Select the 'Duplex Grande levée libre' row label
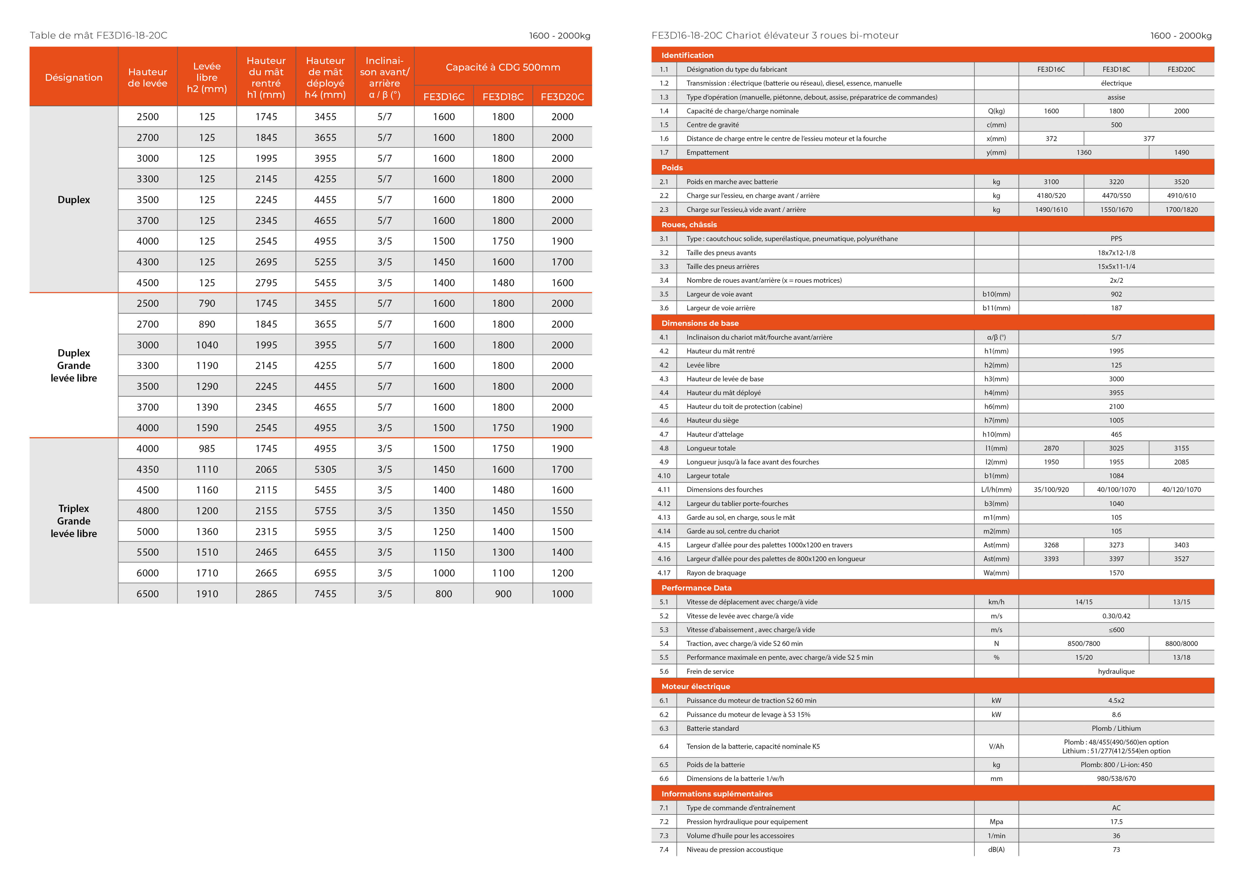pos(74,365)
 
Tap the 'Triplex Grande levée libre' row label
pos(74,521)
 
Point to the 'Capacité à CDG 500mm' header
pos(503,67)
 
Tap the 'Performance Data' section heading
pos(696,588)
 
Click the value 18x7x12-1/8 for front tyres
pos(1116,253)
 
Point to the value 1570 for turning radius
pos(1116,573)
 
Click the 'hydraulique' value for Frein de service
pos(1116,671)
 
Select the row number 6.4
pos(664,746)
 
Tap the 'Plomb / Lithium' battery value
pos(1116,728)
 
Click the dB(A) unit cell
pos(996,850)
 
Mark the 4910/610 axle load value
pos(1181,196)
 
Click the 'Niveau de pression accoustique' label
pos(734,850)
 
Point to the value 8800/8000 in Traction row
pos(1181,644)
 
